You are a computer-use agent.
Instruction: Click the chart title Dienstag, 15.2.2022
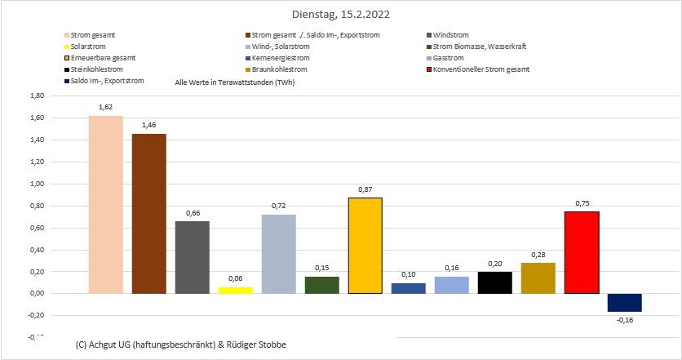click(340, 15)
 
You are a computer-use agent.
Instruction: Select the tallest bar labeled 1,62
click(105, 204)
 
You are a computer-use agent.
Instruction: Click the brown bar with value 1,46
click(148, 213)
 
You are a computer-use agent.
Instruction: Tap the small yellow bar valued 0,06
click(235, 290)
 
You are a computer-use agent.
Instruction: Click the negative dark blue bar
click(625, 302)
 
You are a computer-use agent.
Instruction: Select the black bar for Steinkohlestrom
click(495, 282)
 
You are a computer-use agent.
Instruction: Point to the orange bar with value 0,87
click(365, 246)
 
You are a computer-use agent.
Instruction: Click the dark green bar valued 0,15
click(321, 285)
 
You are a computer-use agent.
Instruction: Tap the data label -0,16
click(625, 320)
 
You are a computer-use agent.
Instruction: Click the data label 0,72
click(278, 207)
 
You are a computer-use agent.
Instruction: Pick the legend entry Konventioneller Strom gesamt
click(481, 69)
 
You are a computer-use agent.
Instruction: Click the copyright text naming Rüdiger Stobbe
click(180, 345)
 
